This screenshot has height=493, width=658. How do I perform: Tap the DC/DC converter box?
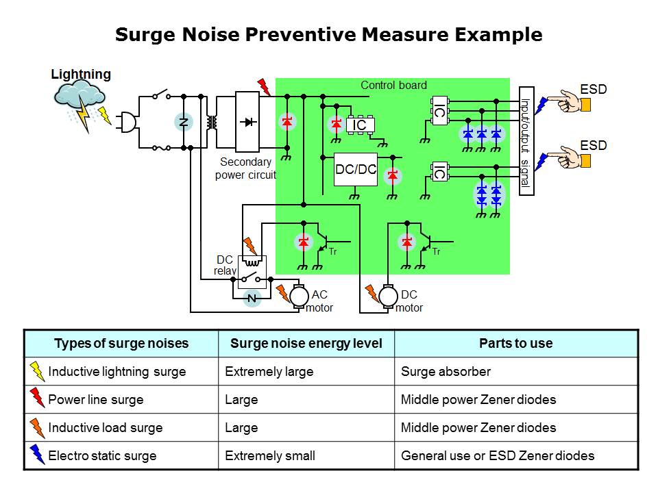356,169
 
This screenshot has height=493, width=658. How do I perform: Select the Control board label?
393,86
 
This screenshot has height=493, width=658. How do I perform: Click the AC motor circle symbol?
300,296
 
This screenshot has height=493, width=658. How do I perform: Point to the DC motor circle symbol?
389,296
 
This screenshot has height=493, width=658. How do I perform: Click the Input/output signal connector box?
526,141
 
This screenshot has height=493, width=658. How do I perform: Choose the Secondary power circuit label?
245,168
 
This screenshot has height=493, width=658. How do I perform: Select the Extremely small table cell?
270,455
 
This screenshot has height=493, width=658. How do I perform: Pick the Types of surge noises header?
121,344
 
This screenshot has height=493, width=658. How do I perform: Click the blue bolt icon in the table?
37,455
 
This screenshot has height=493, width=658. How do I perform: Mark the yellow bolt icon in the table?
37,372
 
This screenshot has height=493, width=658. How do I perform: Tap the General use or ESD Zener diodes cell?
498,455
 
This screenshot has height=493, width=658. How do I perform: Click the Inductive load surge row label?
105,428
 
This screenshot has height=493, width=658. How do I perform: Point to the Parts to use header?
515,344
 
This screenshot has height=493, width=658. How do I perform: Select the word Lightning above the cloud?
81,75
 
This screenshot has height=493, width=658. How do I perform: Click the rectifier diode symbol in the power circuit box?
248,122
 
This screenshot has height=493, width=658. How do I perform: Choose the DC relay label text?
225,266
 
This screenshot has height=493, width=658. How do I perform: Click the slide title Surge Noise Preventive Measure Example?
328,35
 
